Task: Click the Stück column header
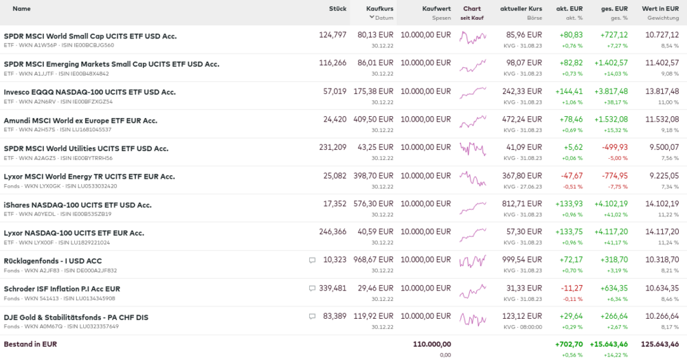coord(337,8)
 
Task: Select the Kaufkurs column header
coord(380,8)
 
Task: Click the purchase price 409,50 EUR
coord(375,120)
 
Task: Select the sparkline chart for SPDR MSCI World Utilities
coord(473,149)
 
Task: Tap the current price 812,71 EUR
coord(522,204)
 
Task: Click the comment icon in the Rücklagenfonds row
coord(312,260)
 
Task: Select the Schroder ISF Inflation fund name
coord(62,289)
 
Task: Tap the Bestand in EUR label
coord(30,344)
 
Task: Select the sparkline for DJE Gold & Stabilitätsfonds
coord(473,319)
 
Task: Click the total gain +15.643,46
coord(604,344)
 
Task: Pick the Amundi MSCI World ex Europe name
coord(80,120)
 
